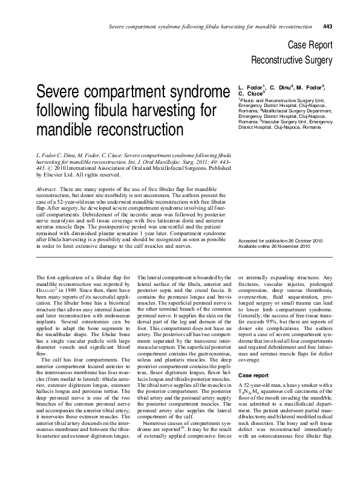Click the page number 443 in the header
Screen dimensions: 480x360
click(328, 27)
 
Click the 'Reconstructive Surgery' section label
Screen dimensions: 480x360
click(292, 60)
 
